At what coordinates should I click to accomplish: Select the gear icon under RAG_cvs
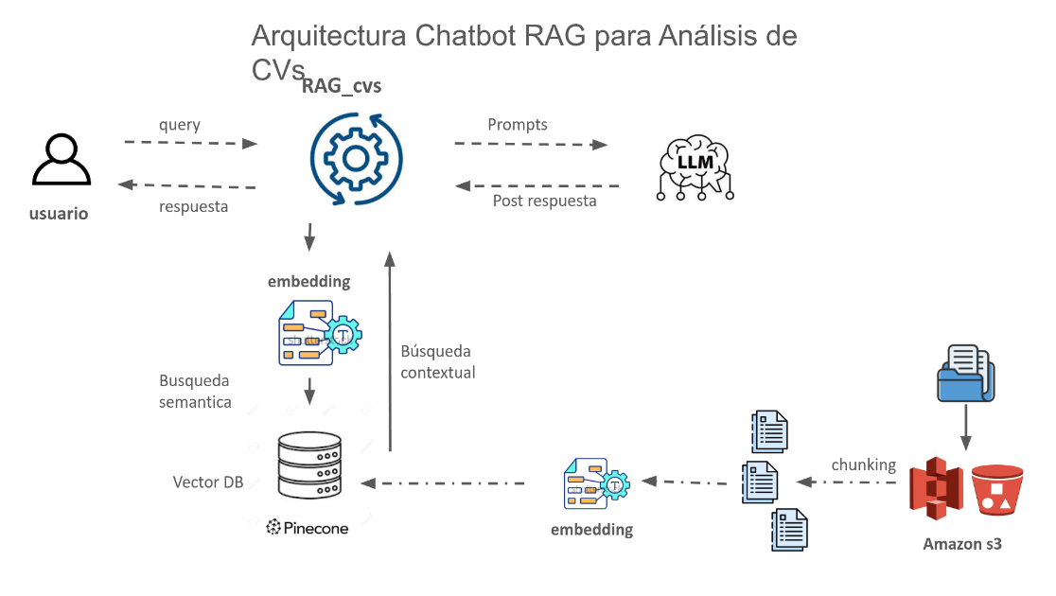click(357, 158)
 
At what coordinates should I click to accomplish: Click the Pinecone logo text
click(308, 528)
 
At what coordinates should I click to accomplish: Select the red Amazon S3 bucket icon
click(997, 488)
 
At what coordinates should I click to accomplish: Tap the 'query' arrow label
click(180, 125)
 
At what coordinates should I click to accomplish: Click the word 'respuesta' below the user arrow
click(193, 206)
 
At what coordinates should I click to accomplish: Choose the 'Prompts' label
click(518, 125)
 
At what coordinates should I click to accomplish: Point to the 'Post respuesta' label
click(545, 201)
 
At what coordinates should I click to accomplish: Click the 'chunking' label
click(863, 465)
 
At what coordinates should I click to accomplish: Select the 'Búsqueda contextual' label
click(437, 361)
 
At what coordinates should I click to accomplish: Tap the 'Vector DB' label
click(208, 482)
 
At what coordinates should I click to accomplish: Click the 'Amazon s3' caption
click(962, 544)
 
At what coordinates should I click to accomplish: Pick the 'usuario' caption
click(59, 214)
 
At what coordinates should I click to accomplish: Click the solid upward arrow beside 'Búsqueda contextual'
click(390, 350)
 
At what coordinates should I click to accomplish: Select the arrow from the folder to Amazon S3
click(965, 426)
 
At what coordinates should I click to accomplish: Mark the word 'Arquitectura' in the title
click(327, 37)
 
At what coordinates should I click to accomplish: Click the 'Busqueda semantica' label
click(195, 392)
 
